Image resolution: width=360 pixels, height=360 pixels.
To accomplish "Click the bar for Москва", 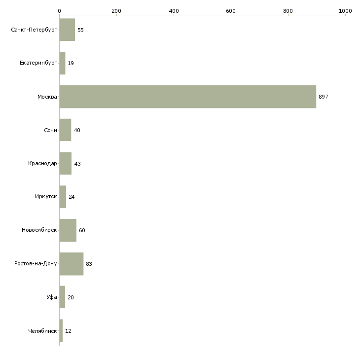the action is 188,97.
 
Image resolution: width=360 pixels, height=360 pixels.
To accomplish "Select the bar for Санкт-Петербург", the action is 67,30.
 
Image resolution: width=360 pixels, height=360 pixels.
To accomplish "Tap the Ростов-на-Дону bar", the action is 72,264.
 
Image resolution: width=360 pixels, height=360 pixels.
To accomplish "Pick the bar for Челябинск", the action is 61,330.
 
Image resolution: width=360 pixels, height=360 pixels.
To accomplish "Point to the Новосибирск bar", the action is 68,230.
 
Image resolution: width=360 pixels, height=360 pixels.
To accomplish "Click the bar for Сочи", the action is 65,130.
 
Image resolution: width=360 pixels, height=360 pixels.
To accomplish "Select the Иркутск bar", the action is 63,197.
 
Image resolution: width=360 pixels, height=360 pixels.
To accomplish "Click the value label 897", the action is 324,97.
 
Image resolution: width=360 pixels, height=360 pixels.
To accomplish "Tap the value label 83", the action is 89,264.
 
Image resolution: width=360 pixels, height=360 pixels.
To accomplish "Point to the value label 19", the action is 71,63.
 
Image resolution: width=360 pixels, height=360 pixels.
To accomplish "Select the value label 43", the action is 77,164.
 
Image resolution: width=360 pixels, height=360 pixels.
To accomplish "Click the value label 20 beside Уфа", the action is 71,297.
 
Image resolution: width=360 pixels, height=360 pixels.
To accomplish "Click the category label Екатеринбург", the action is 38,63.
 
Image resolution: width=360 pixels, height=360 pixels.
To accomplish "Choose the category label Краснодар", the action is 42,163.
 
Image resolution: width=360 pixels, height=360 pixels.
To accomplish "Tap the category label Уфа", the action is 52,297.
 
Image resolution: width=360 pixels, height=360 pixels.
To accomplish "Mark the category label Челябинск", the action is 42,331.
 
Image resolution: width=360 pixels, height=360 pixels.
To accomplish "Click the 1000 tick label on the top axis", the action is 345,11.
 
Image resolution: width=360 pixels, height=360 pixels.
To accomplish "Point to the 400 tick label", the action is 174,11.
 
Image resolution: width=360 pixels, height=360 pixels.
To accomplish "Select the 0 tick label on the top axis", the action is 60,11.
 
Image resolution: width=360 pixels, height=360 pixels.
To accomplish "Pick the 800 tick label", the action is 288,11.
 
